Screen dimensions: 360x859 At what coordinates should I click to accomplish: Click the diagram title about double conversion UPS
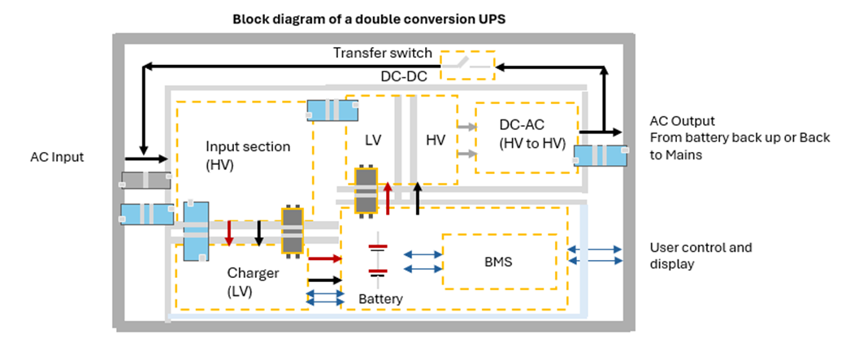coord(369,19)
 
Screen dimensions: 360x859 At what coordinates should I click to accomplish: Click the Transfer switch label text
coord(382,54)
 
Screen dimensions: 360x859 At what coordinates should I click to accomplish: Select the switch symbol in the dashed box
coord(466,63)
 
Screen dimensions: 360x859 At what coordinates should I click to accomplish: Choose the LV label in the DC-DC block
coord(373,140)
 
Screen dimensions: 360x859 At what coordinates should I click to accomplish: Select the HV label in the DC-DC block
coord(436,140)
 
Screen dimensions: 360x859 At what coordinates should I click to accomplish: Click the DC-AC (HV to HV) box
coord(527,137)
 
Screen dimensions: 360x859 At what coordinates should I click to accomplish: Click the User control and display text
coord(701,255)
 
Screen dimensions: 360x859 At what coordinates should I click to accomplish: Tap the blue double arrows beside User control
coord(595,255)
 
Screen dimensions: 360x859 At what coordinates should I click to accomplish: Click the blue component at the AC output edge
coord(600,157)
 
